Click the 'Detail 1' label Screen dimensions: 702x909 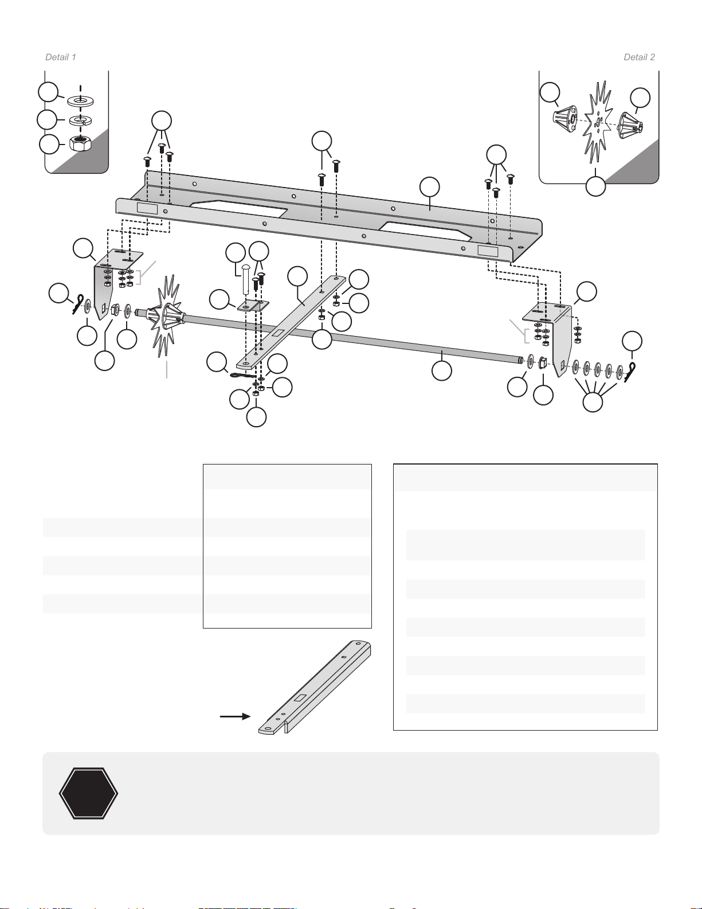(61, 57)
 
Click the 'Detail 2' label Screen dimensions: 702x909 (639, 57)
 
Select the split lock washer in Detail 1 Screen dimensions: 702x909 (80, 120)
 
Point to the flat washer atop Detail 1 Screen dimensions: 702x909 (81, 101)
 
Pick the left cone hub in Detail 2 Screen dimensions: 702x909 (564, 117)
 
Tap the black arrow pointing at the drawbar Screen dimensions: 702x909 (236, 716)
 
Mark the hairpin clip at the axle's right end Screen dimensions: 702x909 (631, 372)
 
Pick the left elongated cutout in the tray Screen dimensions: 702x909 (238, 209)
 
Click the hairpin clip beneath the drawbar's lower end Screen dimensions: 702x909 (243, 375)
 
